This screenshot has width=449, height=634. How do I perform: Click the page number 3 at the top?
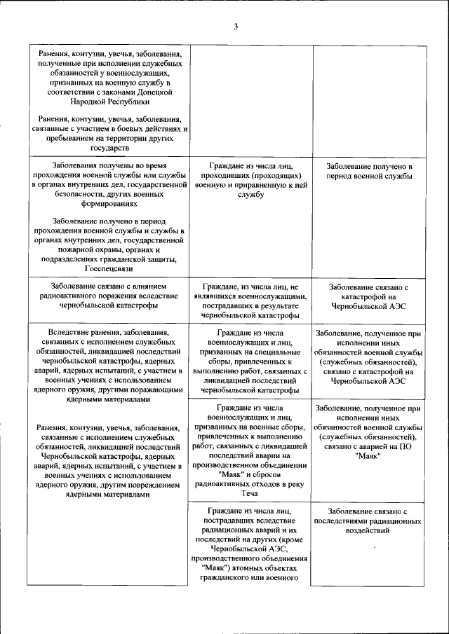(236, 27)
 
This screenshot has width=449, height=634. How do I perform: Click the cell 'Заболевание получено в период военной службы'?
(368, 171)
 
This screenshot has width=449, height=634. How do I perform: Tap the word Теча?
(250, 492)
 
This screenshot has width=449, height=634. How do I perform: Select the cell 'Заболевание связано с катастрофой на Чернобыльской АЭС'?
(368, 296)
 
